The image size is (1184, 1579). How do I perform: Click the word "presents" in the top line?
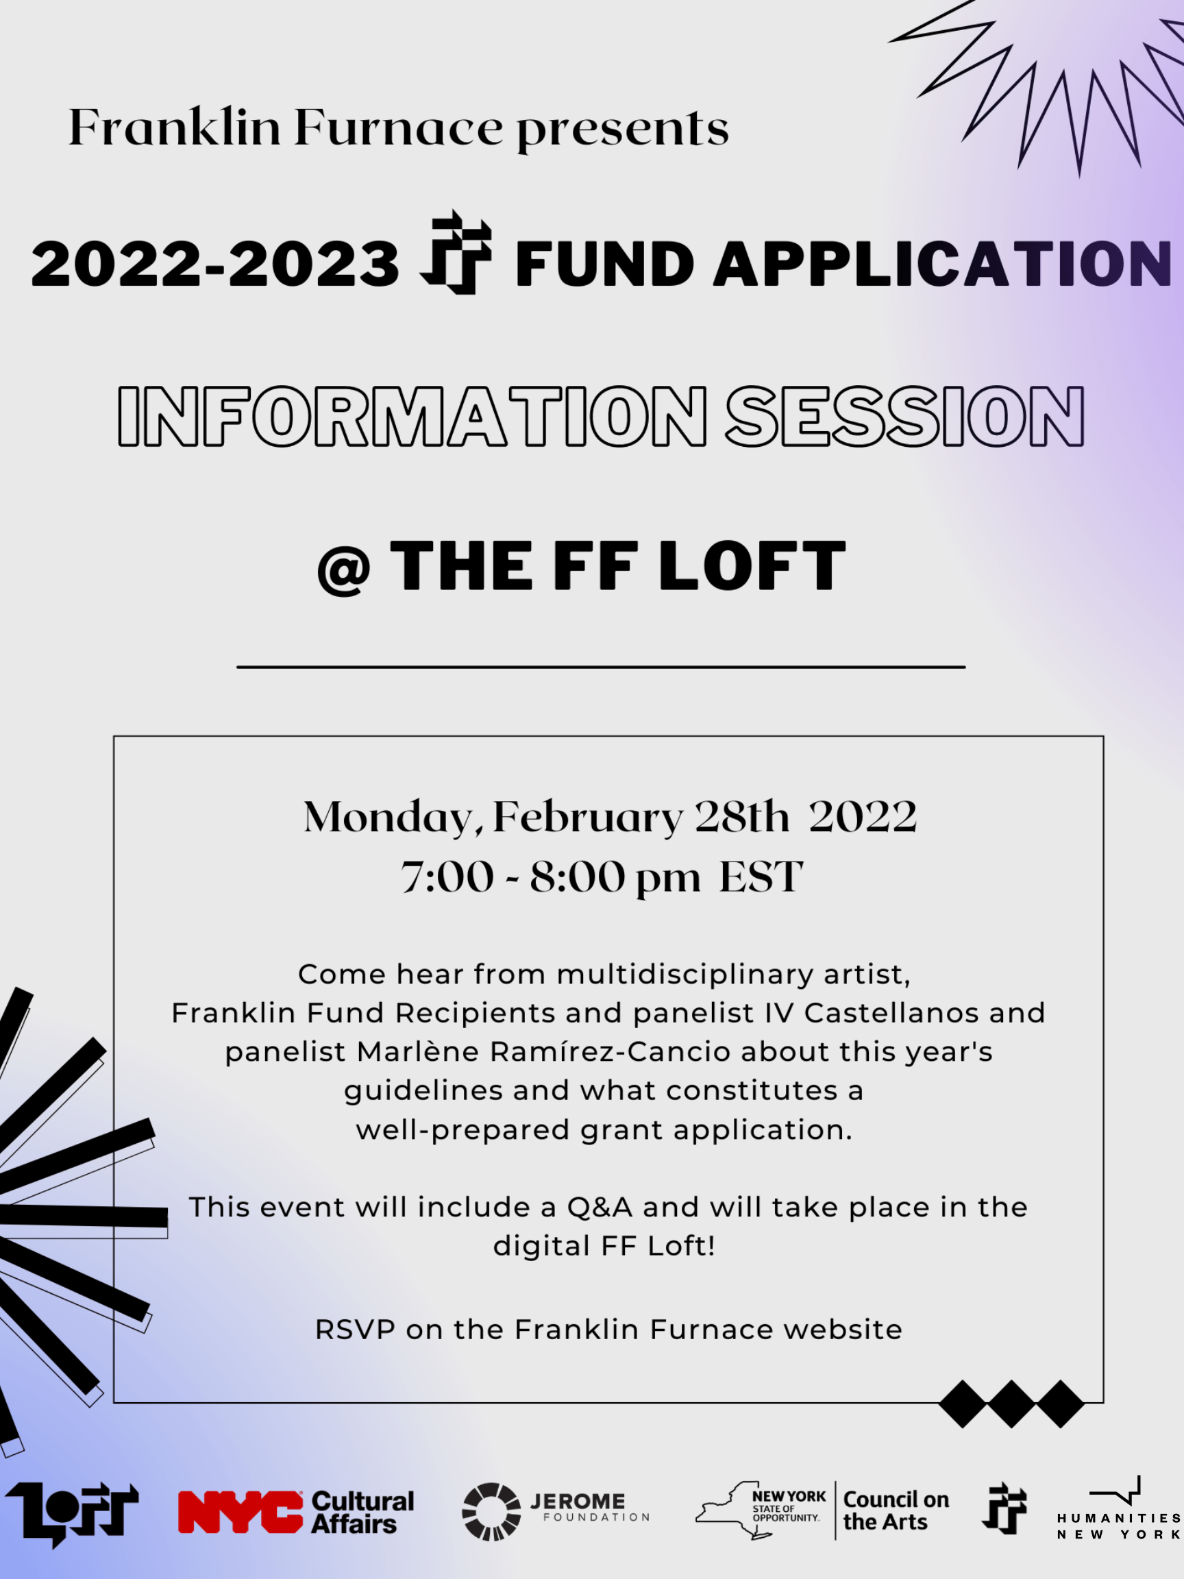click(622, 130)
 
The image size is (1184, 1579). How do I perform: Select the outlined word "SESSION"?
click(905, 417)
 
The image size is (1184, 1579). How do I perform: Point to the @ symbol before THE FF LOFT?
click(343, 571)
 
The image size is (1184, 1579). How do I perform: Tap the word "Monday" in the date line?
click(389, 817)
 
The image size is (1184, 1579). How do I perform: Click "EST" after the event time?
click(761, 877)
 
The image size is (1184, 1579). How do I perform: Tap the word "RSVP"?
click(355, 1329)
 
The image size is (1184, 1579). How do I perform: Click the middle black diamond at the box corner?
click(1011, 1404)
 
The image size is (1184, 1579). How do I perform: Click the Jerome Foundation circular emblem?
click(491, 1511)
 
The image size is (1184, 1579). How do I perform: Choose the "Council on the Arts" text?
click(896, 1510)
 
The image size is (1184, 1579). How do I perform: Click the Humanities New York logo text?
click(1118, 1526)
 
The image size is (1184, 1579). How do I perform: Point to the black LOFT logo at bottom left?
click(71, 1512)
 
